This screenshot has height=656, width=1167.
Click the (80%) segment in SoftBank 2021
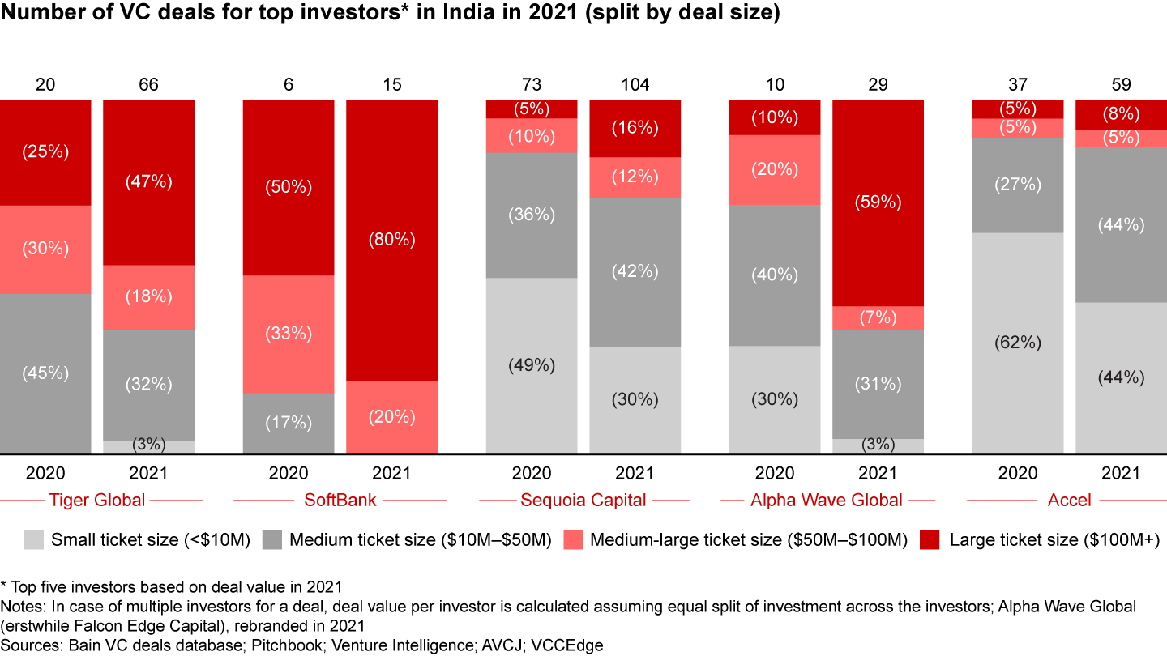click(x=391, y=240)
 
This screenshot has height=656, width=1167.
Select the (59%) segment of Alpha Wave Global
click(x=878, y=202)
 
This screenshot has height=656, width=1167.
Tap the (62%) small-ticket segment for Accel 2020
click(x=1018, y=343)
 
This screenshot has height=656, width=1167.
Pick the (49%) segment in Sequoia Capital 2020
click(x=532, y=365)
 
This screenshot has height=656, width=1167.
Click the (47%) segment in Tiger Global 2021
click(x=148, y=182)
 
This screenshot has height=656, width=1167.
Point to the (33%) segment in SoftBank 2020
click(x=289, y=334)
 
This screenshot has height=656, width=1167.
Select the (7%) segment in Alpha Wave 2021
click(x=878, y=318)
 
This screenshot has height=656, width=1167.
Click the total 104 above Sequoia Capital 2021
click(x=635, y=84)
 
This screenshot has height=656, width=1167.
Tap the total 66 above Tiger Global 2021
click(x=148, y=84)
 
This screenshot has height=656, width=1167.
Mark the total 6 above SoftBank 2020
click(x=289, y=84)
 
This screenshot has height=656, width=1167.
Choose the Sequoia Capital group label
click(x=583, y=500)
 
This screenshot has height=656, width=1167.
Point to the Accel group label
click(x=1070, y=500)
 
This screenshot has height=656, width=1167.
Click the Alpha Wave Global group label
click(x=827, y=500)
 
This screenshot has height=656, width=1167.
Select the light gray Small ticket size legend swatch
click(x=34, y=539)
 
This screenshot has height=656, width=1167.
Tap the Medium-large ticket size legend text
click(x=746, y=539)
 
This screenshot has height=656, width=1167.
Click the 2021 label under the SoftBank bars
click(x=391, y=473)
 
